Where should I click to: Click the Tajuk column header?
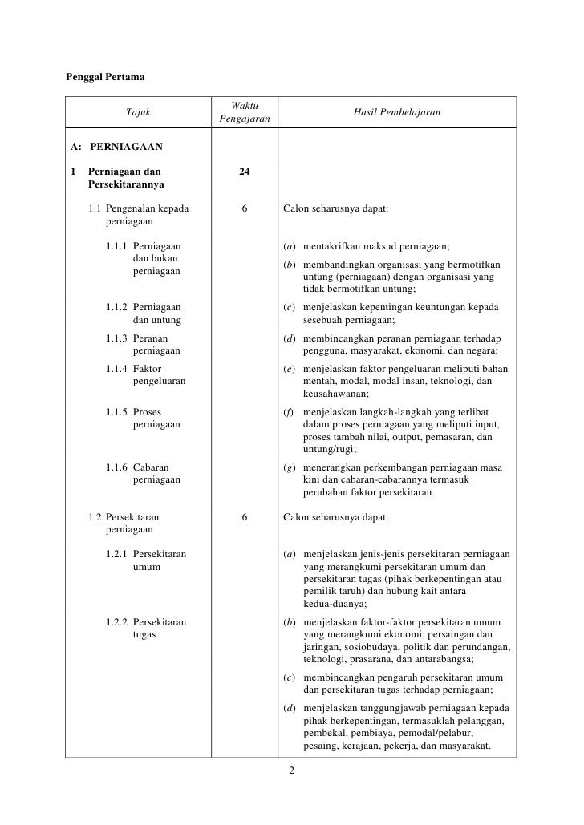[138, 113]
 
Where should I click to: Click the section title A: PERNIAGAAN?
[117, 148]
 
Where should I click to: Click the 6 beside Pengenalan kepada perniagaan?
[245, 210]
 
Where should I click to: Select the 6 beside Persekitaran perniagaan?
[245, 518]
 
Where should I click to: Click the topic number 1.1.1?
[117, 246]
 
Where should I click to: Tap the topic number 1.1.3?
[117, 338]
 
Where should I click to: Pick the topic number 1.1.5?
[117, 412]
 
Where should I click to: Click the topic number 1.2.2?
[117, 621]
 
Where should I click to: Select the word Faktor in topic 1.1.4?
[148, 369]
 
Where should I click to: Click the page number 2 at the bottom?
[292, 771]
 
